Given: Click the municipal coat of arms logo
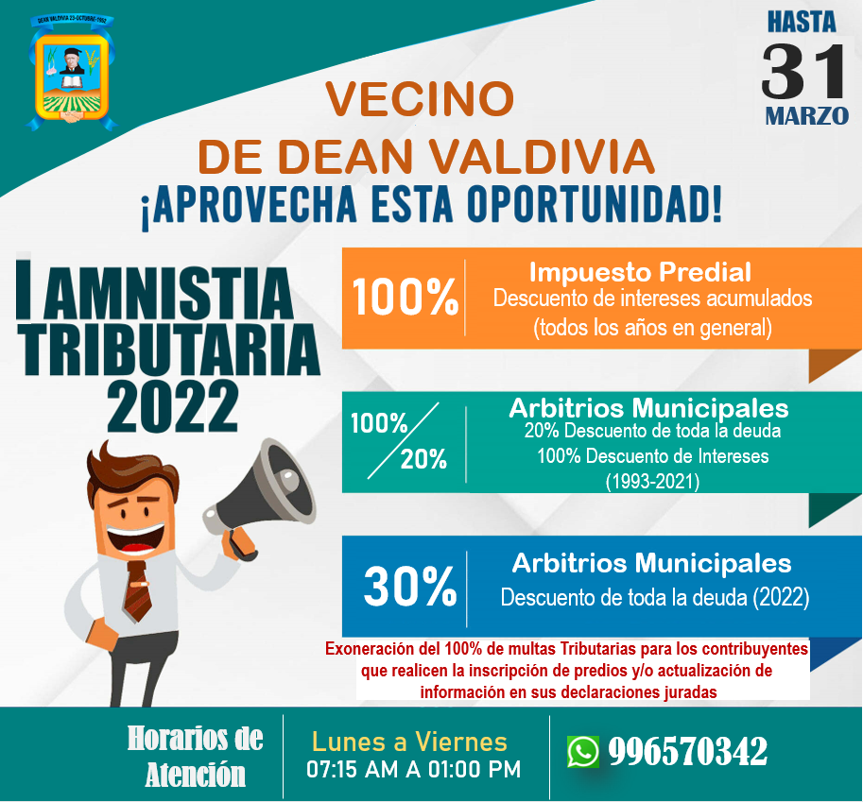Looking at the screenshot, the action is [71, 72].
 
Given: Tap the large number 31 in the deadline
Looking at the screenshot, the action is [804, 72].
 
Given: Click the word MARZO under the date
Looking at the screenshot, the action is [807, 116].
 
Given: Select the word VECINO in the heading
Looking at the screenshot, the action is [420, 99].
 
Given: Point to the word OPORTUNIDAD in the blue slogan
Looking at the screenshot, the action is [594, 205].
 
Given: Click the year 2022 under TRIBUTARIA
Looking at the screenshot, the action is [173, 406].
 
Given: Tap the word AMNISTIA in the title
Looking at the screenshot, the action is [168, 293].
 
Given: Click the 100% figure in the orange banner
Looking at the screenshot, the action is [406, 297].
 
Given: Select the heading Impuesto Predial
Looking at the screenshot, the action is [640, 272].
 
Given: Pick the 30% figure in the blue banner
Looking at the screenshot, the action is [410, 587].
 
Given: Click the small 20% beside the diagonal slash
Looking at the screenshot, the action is [423, 459].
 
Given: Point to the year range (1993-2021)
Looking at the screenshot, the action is [653, 482].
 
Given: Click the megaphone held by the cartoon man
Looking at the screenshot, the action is [260, 495].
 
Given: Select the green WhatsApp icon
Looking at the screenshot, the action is [583, 751].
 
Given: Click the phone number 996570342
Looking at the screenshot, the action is [688, 751].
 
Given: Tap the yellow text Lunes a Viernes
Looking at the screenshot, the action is [409, 742].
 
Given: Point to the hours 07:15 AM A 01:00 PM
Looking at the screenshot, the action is [413, 770].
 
